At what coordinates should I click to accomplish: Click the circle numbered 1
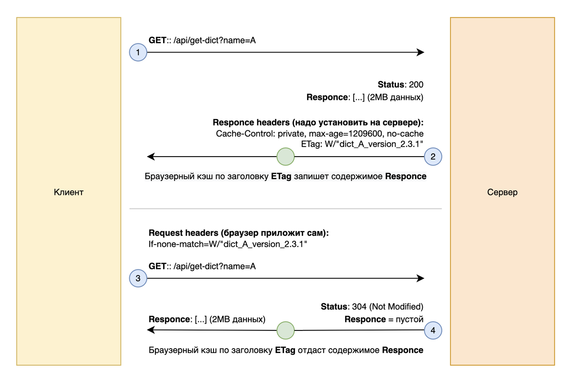(138, 53)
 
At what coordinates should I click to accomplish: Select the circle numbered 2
(433, 157)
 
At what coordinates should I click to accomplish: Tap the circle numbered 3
(138, 278)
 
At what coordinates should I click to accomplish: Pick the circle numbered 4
(433, 330)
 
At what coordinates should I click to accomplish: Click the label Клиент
(69, 192)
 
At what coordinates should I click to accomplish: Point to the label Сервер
(502, 192)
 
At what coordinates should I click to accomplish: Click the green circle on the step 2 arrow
(286, 157)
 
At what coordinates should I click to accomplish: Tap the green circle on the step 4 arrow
(286, 330)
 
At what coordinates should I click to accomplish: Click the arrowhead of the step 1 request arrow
(420, 53)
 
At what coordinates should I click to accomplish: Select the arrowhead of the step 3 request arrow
(420, 278)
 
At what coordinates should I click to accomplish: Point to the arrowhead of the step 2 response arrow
(151, 157)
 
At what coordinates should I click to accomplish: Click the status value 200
(416, 85)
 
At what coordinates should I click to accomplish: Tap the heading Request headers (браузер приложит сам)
(239, 234)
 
